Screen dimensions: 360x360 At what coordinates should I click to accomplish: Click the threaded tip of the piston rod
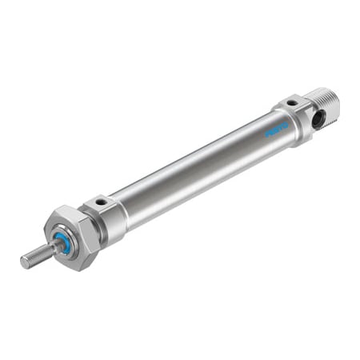pyautogui.click(x=33, y=257)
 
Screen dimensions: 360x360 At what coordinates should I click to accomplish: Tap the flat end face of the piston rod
pyautogui.click(x=24, y=261)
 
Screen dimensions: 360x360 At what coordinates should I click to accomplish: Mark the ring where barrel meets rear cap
pyautogui.click(x=276, y=120)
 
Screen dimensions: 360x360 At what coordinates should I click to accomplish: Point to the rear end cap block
pyautogui.click(x=300, y=116)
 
